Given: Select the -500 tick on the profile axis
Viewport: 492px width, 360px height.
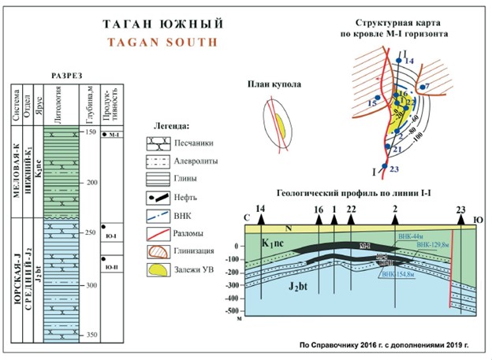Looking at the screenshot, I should (234, 313).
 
